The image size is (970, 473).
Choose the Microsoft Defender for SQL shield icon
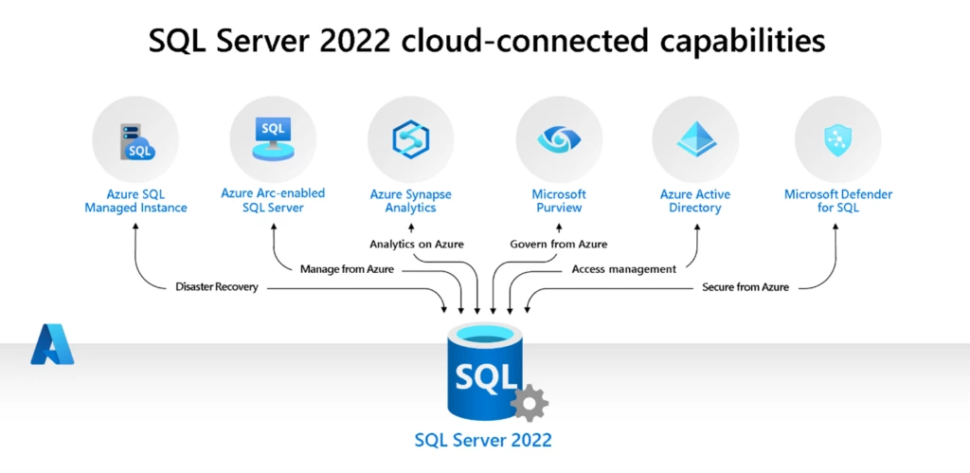coord(838,140)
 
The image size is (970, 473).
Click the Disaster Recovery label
coord(217,287)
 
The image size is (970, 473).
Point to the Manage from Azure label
coord(346,269)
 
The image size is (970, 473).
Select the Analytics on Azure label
coord(417,245)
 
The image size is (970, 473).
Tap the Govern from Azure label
coord(559,245)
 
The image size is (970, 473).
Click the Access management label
coord(624,269)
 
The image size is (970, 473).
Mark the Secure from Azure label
coord(745,287)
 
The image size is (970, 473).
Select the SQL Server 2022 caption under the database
coord(483,441)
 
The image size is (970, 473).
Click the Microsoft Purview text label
coord(558,201)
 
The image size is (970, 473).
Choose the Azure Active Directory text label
coord(695,201)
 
